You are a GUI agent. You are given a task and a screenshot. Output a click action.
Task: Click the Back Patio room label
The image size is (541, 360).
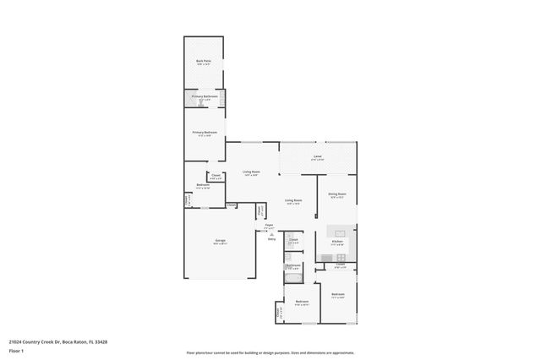[204, 62]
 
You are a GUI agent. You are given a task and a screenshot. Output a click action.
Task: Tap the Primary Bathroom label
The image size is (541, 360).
[205, 97]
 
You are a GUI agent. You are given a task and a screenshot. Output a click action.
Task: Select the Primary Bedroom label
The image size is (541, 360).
[205, 133]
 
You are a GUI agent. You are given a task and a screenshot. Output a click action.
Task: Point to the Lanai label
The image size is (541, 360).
[317, 157]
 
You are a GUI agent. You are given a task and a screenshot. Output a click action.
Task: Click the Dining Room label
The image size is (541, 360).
[337, 194]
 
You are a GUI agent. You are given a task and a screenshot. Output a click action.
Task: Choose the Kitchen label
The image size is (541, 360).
[337, 242]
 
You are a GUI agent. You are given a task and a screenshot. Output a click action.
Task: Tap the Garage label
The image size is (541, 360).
[219, 242]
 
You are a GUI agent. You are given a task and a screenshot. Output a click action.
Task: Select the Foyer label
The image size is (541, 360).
[269, 226]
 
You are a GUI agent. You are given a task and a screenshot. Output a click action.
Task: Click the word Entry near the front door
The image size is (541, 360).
[271, 238]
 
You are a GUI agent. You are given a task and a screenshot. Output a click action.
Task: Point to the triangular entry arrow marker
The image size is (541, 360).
[271, 233]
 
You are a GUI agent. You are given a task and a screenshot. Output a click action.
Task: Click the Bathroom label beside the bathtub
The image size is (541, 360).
[293, 265]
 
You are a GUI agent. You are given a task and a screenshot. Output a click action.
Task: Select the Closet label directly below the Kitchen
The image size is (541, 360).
[339, 265]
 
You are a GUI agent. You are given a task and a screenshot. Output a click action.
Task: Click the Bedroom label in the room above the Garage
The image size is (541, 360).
[203, 185]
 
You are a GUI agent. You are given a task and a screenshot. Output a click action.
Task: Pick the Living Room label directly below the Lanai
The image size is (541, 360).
[293, 202]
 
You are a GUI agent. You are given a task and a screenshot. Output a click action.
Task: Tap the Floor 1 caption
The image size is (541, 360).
[17, 351]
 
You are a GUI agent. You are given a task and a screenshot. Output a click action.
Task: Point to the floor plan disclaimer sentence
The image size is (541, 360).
[270, 352]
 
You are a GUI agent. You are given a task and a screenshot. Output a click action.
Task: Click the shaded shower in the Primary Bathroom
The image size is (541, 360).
[192, 98]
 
